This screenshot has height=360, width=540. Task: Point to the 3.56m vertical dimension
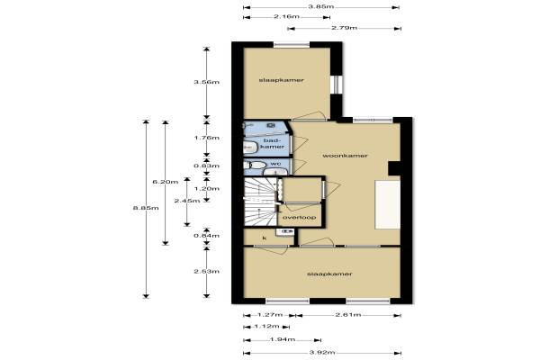[x=206, y=82]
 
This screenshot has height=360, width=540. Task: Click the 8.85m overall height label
[x=146, y=208]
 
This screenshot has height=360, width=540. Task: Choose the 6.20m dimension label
[x=166, y=182]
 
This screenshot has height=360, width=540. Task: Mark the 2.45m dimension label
[x=187, y=201]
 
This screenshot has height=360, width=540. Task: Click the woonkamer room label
[x=345, y=156]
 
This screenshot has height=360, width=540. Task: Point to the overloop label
[x=300, y=218]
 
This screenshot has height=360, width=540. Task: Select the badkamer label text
[x=273, y=143]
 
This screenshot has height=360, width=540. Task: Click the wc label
[x=275, y=163]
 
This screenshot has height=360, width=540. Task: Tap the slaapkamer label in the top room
[x=282, y=80]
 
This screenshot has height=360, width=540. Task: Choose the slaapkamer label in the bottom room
[x=329, y=274]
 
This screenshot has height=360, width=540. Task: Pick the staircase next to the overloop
[x=260, y=202]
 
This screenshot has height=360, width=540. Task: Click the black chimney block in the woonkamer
[x=394, y=168]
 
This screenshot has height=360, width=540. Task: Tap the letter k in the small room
[x=265, y=238]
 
